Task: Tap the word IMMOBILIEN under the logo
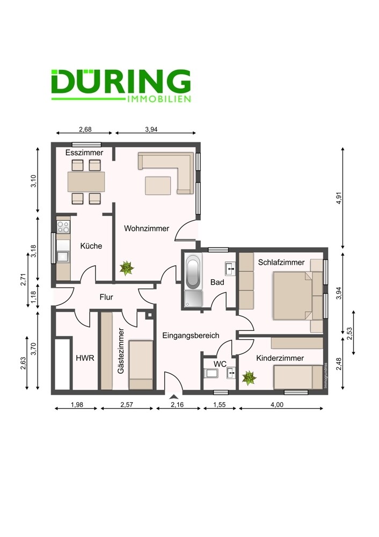coord(158,99)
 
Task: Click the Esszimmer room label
coord(84,153)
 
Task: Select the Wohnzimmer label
coord(147,228)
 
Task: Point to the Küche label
coord(91,246)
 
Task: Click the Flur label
coord(106,297)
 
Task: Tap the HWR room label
coord(85,358)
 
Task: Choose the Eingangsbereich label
coord(191,335)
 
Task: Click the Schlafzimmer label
coord(281,263)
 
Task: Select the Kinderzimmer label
coord(280,358)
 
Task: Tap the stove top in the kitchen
coord(63,227)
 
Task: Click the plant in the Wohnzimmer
coord(127,268)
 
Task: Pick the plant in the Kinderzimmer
coord(249,378)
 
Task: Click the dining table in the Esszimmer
coord(86,182)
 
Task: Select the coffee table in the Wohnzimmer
coord(158,186)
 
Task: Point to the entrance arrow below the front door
coord(174,397)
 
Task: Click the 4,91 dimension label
coord(339,198)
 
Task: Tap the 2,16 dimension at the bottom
coord(177,404)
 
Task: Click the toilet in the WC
coord(209,373)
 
